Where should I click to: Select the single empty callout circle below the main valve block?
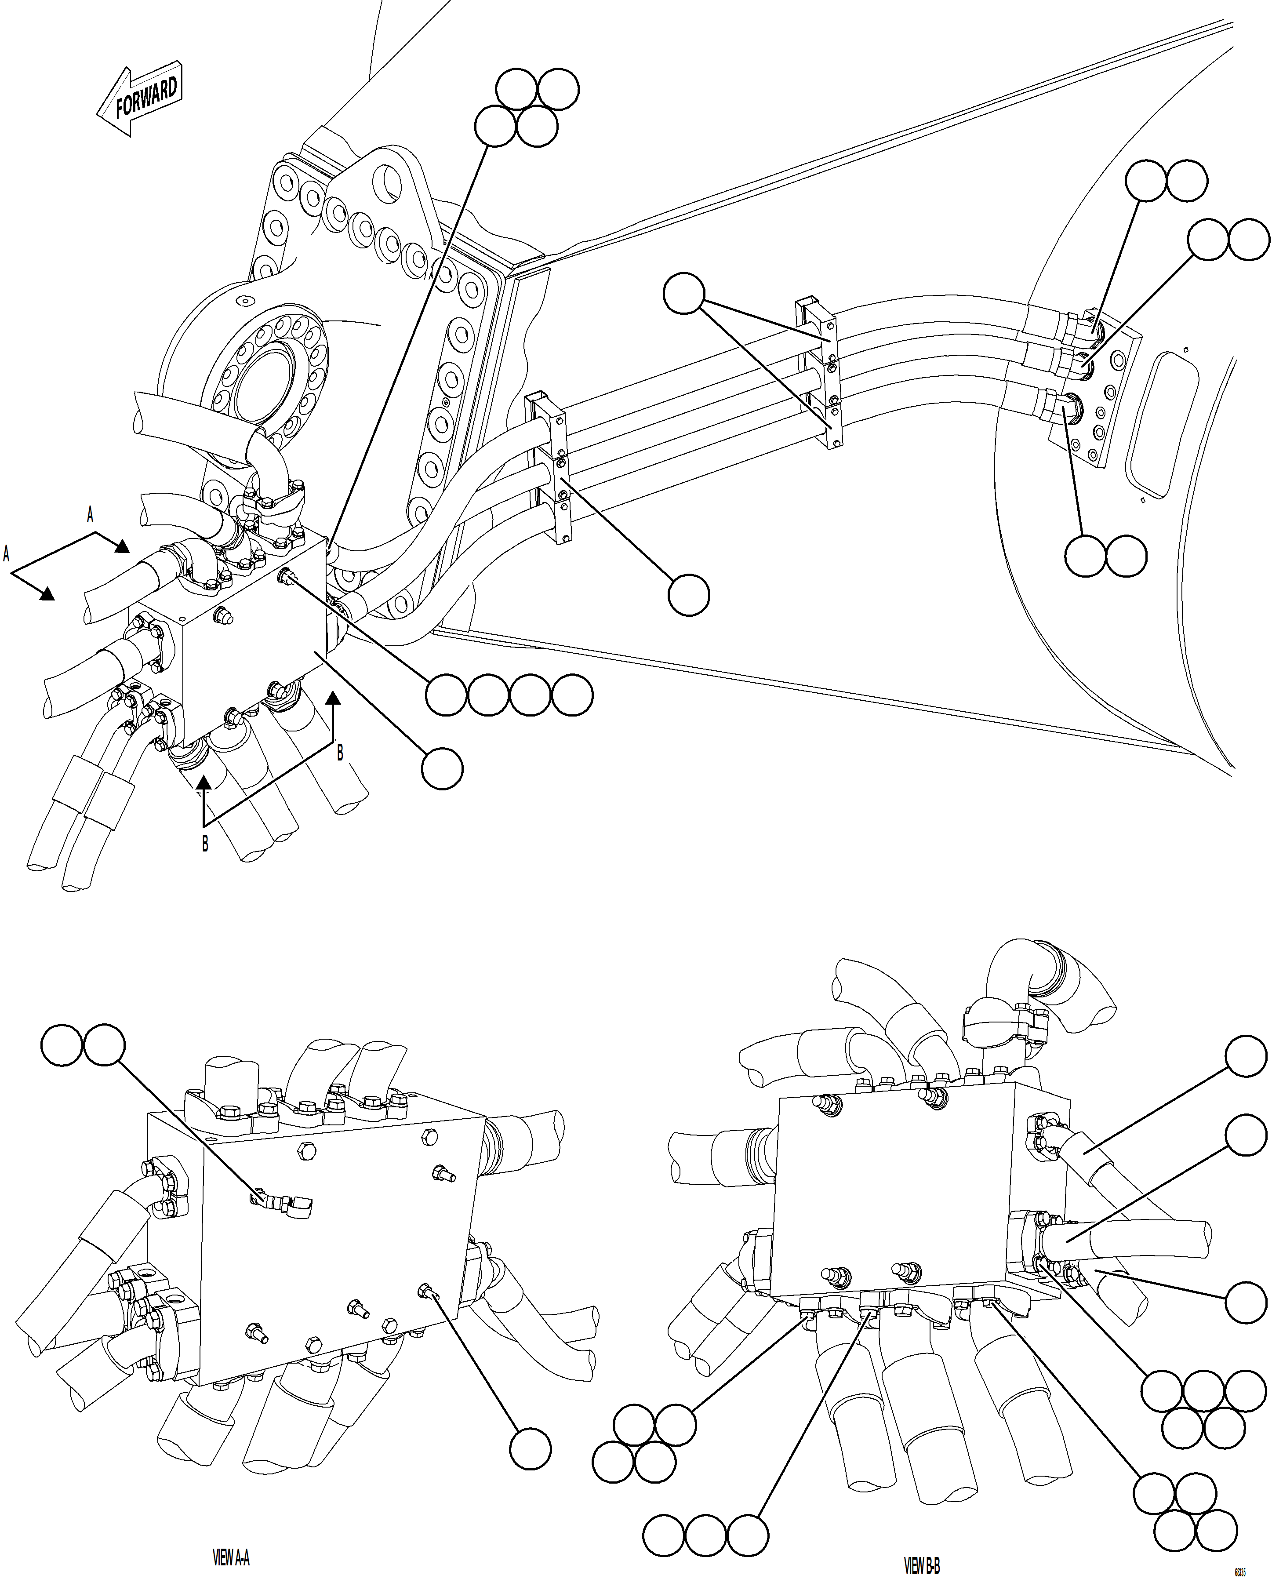click(x=442, y=768)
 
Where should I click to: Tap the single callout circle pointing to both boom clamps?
click(x=683, y=294)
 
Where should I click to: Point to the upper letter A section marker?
click(x=90, y=516)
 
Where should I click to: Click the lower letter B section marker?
click(x=205, y=844)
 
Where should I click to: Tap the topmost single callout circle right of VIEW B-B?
click(x=1246, y=1056)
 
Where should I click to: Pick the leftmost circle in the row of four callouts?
click(x=446, y=695)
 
